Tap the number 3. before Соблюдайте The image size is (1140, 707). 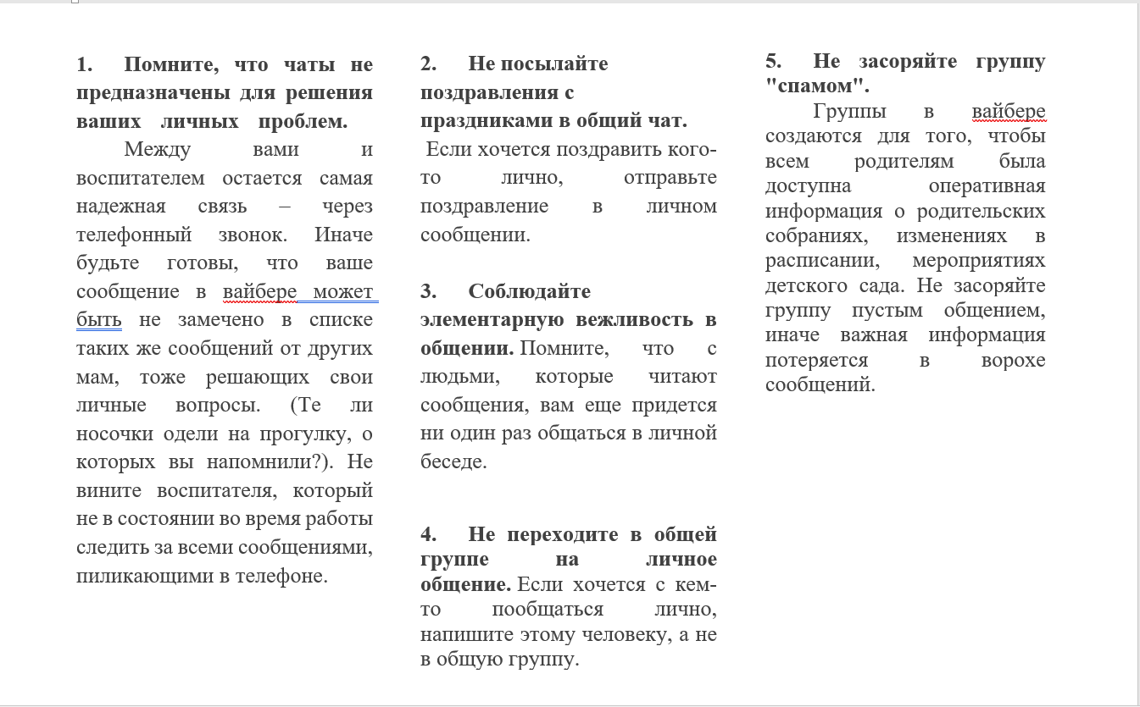coord(428,292)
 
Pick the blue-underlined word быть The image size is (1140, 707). coord(98,320)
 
